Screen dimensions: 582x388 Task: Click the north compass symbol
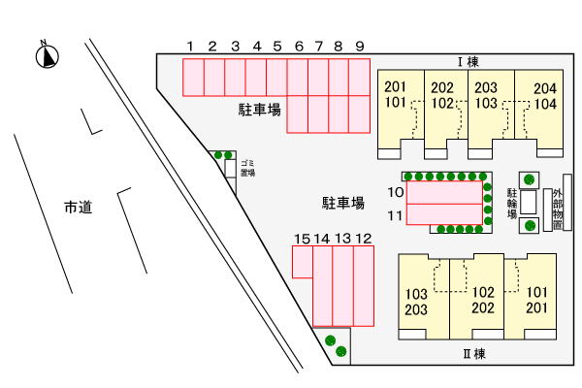[48, 55]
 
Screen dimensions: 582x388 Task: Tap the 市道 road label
[78, 207]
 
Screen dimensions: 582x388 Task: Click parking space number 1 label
[190, 47]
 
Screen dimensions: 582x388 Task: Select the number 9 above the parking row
[359, 47]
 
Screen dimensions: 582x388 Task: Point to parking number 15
[302, 239]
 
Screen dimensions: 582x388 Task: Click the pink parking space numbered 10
[444, 192]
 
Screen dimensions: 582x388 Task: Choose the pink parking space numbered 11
[444, 214]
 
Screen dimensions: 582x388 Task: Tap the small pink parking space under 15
[302, 262]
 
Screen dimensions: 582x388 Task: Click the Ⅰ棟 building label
[469, 62]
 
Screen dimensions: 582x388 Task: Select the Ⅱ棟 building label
[474, 353]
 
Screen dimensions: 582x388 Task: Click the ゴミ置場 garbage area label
[247, 168]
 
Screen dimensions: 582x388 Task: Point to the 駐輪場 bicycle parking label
[512, 203]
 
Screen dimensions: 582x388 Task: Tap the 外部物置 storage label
[558, 210]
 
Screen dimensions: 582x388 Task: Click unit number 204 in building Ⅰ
[545, 88]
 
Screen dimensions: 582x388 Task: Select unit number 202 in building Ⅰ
[442, 87]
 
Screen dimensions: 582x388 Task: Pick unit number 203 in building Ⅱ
[416, 309]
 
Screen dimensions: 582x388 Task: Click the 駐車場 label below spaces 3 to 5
[259, 110]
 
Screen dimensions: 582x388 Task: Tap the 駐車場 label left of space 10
[343, 203]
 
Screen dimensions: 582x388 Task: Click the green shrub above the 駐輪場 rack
[529, 180]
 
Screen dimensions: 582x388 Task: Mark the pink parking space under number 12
[364, 286]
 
